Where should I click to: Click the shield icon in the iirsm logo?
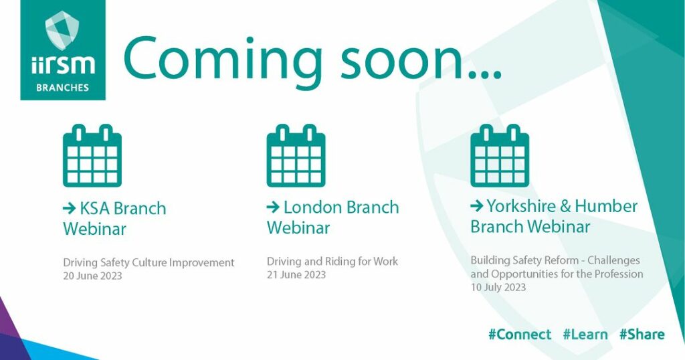(x=62, y=29)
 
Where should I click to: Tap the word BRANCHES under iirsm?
(x=62, y=88)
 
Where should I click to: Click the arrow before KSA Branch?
(x=70, y=208)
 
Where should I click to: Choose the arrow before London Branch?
(x=273, y=207)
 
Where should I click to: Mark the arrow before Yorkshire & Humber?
(x=476, y=205)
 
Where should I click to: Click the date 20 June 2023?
(x=92, y=276)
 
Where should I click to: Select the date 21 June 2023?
(x=296, y=275)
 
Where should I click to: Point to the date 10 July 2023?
(x=498, y=288)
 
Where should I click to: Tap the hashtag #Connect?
(x=520, y=335)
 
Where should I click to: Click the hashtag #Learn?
(x=585, y=335)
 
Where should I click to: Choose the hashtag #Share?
(x=642, y=335)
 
